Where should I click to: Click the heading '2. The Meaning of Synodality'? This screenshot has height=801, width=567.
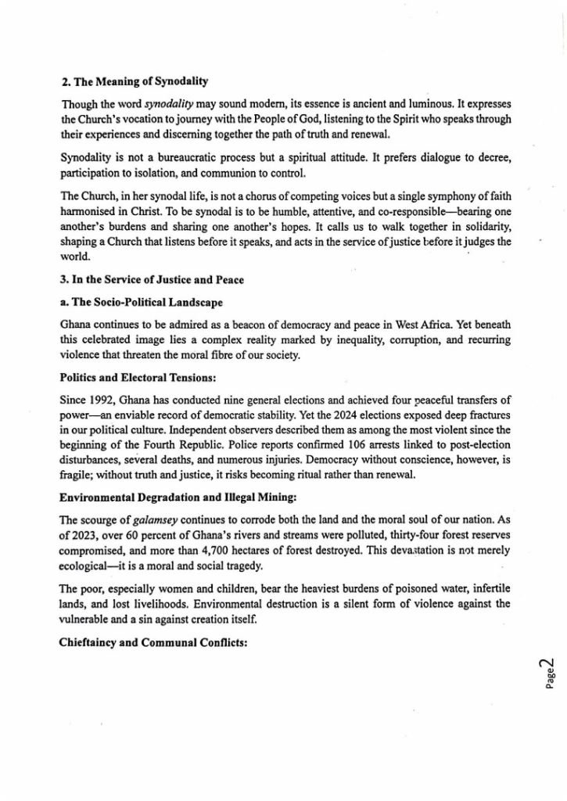click(135, 81)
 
